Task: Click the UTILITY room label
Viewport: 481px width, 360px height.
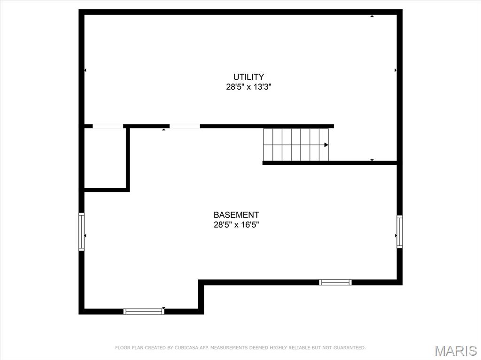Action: coord(248,77)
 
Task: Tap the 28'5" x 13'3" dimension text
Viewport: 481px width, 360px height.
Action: coord(249,87)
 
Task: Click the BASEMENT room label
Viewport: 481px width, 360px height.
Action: coord(236,214)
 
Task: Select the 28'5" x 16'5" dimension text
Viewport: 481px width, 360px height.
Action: coord(236,225)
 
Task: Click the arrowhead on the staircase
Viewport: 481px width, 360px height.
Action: coord(326,145)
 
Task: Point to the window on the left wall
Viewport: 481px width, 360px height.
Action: coord(81,232)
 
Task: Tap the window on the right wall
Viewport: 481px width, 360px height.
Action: coord(399,232)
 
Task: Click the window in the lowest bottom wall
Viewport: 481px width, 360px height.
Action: coord(144,312)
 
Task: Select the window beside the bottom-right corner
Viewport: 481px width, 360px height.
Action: coord(335,283)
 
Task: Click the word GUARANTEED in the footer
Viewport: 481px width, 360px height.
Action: coord(349,348)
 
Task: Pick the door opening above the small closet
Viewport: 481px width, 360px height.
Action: coord(108,126)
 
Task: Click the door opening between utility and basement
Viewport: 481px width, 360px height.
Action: coord(185,126)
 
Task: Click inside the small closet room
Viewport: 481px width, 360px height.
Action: coord(105,158)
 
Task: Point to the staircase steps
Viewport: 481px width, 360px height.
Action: coord(296,145)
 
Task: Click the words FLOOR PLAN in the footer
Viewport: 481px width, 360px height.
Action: coord(129,348)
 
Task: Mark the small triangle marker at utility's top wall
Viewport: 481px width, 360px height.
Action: coord(372,16)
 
